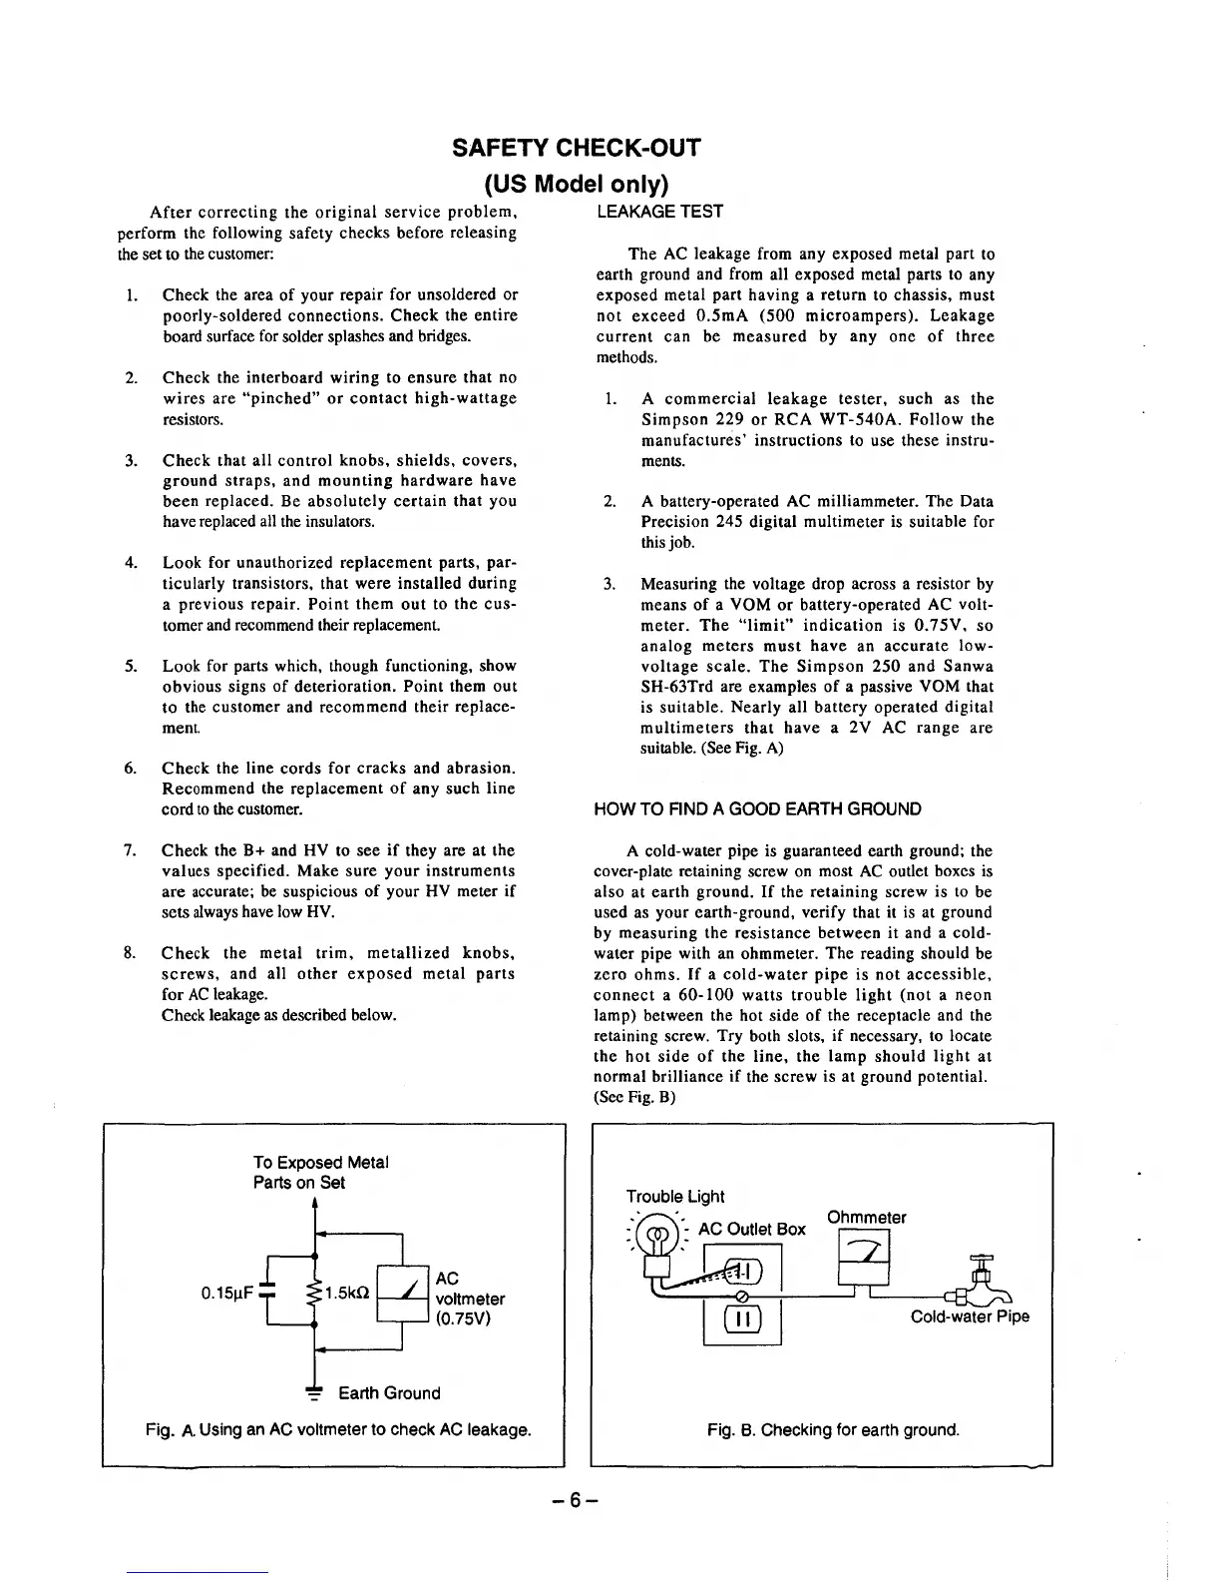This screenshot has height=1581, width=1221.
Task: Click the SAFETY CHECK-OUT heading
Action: point(577,148)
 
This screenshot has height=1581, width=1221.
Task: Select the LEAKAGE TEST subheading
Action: point(658,212)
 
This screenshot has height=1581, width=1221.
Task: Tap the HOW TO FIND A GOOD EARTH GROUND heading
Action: point(757,808)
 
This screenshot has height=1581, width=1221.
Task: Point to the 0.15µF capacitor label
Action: point(226,1295)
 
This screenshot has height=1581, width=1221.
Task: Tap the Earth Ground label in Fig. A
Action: point(388,1392)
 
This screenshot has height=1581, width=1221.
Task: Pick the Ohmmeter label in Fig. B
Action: point(866,1217)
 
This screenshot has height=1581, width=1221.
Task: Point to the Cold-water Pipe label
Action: point(969,1317)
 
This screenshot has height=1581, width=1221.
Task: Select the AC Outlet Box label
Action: point(751,1229)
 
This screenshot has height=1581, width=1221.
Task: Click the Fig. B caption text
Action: point(833,1429)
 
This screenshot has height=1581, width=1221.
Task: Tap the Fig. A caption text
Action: point(337,1429)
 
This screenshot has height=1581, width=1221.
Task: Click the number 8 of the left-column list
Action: point(130,952)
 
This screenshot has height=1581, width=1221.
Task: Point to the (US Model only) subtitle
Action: point(577,185)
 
